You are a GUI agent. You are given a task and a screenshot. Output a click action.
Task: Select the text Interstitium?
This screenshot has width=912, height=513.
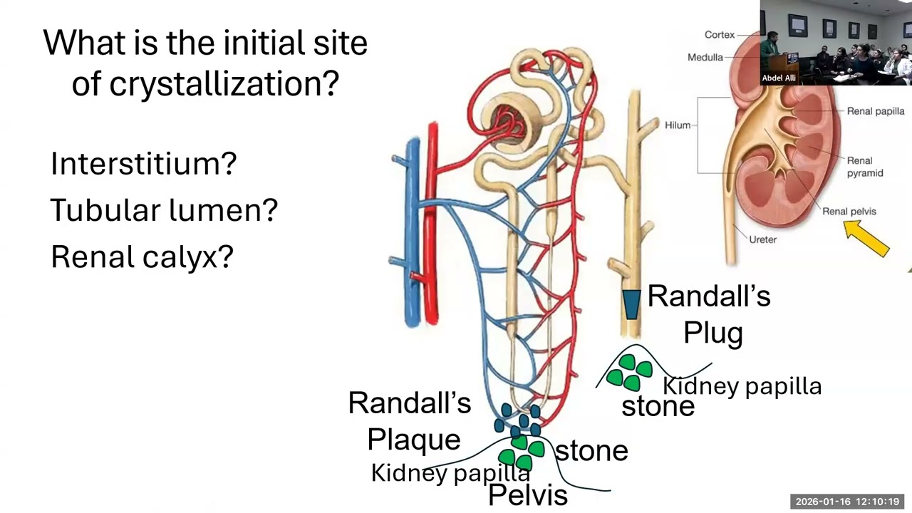[x=143, y=164]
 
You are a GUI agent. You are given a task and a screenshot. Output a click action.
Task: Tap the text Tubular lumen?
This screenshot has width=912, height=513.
[x=164, y=210]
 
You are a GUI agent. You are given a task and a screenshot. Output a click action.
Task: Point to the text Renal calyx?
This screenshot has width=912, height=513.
[x=142, y=256]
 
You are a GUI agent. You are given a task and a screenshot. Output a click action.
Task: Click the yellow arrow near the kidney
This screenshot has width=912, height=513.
[x=866, y=238]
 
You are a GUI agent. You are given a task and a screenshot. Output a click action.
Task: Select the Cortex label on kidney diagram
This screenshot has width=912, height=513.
[x=719, y=35]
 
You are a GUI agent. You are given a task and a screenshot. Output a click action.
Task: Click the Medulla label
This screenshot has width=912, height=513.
[x=705, y=57]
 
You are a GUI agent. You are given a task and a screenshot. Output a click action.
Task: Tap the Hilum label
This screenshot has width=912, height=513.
[x=677, y=125]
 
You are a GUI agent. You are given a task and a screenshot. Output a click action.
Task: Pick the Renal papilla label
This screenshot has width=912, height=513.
[x=875, y=111]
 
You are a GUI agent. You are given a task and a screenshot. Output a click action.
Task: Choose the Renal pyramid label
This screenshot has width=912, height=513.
[x=864, y=167]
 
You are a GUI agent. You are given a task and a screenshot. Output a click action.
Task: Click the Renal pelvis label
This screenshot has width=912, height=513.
[x=849, y=211]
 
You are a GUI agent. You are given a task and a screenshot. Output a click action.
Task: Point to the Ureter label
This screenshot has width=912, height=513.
[x=762, y=239]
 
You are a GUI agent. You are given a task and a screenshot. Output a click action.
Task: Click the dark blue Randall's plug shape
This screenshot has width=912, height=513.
[x=631, y=304]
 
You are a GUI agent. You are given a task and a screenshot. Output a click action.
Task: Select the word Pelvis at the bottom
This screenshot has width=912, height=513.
[x=527, y=495]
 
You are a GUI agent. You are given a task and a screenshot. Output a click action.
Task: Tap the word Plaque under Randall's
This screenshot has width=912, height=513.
[x=413, y=439]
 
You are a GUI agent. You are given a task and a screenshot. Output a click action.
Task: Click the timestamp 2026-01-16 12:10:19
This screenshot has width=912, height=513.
[x=847, y=502]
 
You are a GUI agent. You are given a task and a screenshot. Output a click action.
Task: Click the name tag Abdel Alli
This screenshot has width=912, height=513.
[x=779, y=78]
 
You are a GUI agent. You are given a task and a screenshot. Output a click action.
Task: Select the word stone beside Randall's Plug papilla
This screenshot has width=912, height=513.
[x=657, y=406]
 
